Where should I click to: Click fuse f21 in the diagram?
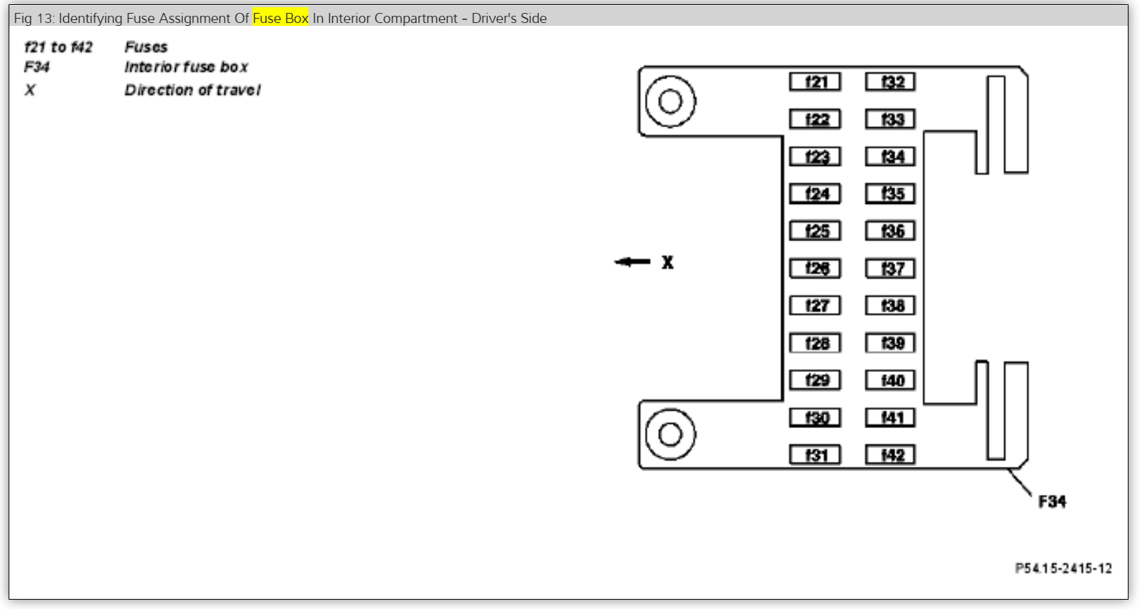[x=815, y=82]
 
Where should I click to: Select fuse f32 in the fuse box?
[x=890, y=82]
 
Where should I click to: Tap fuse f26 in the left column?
[x=815, y=269]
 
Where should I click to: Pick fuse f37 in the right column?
[x=890, y=269]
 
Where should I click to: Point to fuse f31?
[x=815, y=455]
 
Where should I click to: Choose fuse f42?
[x=890, y=455]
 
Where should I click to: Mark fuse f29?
[x=815, y=380]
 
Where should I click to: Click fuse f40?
[x=890, y=380]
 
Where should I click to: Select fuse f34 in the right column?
[x=890, y=157]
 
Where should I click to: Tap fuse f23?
[x=815, y=157]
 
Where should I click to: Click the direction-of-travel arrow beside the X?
[x=632, y=262]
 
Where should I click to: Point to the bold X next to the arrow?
[x=668, y=263]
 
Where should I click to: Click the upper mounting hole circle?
[x=670, y=101]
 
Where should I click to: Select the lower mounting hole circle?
[x=670, y=434]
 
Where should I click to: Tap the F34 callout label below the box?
[x=1052, y=501]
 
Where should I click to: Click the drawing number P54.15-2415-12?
[x=1063, y=568]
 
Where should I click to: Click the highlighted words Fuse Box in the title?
[x=281, y=18]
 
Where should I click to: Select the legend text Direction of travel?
[x=192, y=90]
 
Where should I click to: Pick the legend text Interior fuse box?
[x=186, y=67]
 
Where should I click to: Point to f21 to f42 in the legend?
[x=58, y=47]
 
